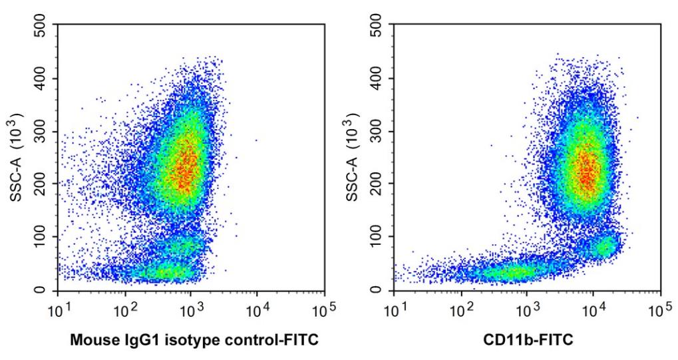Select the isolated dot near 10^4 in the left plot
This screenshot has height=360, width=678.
[256, 140]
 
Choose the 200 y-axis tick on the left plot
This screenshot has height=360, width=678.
[44, 184]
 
